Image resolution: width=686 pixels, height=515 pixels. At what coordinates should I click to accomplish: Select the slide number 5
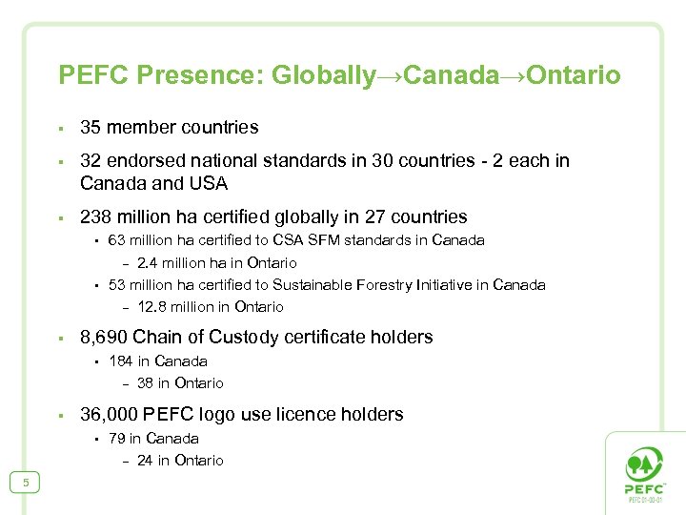pyautogui.click(x=26, y=484)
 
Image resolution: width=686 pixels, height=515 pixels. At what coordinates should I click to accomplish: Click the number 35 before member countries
pyautogui.click(x=91, y=127)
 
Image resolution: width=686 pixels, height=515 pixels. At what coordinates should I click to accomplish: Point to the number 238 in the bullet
pyautogui.click(x=96, y=216)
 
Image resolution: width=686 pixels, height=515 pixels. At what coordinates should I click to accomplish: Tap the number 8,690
pyautogui.click(x=104, y=337)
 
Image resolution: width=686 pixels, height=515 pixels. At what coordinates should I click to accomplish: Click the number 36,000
pyautogui.click(x=108, y=414)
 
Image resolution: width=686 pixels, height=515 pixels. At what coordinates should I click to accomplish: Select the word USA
pyautogui.click(x=209, y=182)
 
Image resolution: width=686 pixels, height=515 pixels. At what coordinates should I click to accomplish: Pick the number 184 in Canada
pyautogui.click(x=121, y=360)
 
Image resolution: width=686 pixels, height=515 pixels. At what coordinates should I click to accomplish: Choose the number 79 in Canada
pyautogui.click(x=117, y=438)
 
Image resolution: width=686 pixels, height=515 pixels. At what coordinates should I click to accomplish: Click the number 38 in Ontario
pyautogui.click(x=146, y=382)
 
